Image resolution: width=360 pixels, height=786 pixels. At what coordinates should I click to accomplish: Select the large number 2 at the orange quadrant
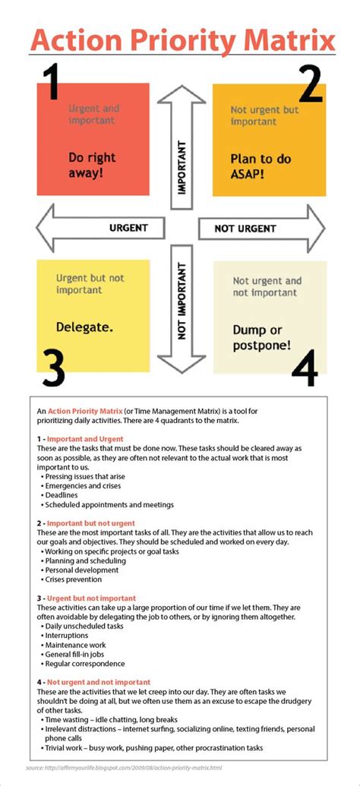coord(310,85)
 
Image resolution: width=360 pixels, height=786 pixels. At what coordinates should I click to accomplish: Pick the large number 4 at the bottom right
coord(304,368)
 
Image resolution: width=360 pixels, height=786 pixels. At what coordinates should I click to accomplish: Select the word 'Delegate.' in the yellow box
coord(84,327)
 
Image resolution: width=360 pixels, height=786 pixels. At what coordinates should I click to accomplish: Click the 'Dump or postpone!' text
coord(261,337)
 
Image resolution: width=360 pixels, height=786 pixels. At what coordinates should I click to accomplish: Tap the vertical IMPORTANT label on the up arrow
coord(182,166)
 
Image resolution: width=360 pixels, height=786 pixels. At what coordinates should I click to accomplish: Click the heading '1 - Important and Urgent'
coord(80,439)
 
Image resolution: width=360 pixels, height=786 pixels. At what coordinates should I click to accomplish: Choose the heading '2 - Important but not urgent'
coord(86,523)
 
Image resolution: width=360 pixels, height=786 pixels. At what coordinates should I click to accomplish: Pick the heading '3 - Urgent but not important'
coord(86,598)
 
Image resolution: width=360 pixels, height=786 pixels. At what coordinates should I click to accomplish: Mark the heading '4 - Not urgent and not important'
coord(93,682)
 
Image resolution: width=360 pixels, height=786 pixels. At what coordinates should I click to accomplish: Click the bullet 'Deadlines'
coord(66,494)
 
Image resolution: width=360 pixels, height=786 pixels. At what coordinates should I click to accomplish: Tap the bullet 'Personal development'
coord(82,570)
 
